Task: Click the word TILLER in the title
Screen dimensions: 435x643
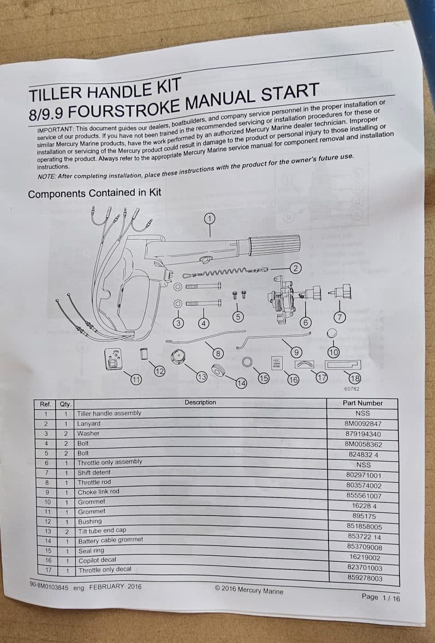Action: tap(56, 94)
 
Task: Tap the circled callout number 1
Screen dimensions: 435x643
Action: tap(210, 219)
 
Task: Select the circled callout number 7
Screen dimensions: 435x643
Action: tap(339, 317)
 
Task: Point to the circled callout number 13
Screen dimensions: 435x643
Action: tap(201, 377)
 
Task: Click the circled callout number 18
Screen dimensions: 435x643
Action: tap(355, 379)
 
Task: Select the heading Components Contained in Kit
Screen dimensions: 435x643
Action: tap(94, 193)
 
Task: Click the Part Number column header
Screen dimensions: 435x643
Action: tap(363, 403)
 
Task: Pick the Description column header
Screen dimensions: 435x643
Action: tap(200, 402)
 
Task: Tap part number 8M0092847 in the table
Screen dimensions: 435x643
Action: tap(363, 423)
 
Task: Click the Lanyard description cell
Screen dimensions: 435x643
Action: tap(89, 423)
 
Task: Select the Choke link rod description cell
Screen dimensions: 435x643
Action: tap(99, 492)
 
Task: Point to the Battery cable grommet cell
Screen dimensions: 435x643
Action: tap(111, 541)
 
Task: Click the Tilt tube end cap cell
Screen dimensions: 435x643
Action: tap(102, 531)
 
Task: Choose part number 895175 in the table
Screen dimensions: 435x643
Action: tap(364, 516)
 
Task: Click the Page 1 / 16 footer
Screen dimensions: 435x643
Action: tap(381, 597)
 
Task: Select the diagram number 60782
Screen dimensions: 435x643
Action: tap(351, 389)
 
